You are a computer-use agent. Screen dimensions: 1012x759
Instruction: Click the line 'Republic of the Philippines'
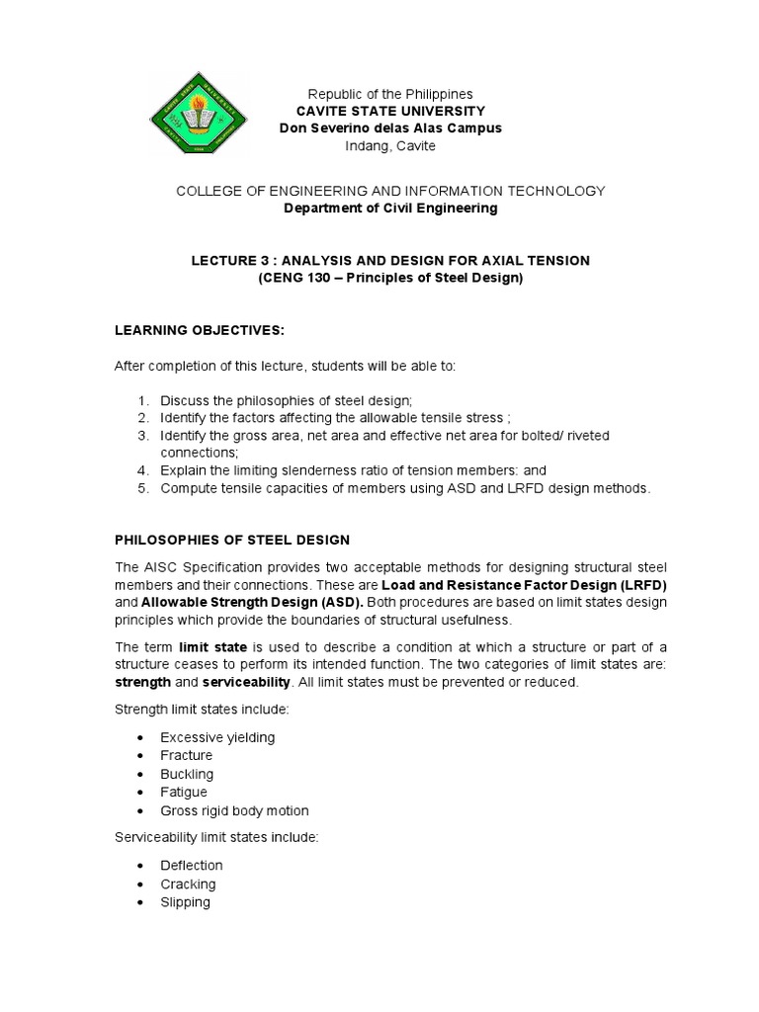click(390, 94)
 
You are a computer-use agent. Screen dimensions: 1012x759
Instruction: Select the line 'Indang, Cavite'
click(390, 146)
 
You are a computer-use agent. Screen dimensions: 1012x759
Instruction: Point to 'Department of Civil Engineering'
click(390, 209)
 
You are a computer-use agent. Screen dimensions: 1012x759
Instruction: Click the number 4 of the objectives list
click(143, 470)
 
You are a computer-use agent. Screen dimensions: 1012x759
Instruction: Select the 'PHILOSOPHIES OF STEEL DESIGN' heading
click(232, 540)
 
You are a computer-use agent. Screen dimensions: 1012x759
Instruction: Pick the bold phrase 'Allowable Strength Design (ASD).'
click(252, 602)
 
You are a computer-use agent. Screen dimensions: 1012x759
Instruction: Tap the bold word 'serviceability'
click(246, 682)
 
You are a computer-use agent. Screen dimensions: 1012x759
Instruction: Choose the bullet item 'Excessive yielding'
click(217, 737)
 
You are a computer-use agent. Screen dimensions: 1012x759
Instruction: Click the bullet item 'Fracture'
click(187, 756)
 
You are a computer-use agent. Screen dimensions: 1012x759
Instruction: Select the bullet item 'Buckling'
click(187, 774)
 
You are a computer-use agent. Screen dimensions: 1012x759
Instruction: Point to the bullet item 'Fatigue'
click(184, 793)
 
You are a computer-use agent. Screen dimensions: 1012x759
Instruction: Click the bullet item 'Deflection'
click(192, 866)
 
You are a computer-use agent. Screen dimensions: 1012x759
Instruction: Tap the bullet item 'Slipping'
click(186, 902)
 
